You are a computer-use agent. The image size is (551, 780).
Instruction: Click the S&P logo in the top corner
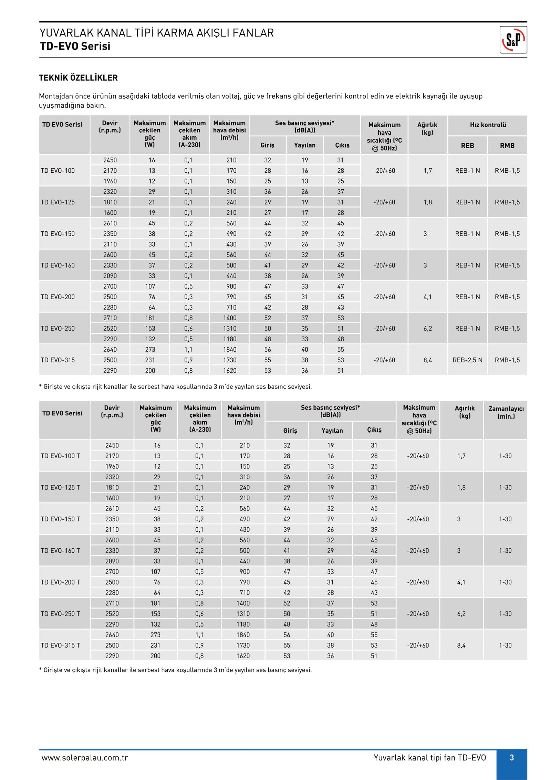(x=513, y=40)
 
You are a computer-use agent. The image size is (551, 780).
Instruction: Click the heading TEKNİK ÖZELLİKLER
(x=78, y=78)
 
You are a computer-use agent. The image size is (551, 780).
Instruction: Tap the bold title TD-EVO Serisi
(x=75, y=46)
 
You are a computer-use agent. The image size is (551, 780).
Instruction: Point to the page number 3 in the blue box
(x=511, y=758)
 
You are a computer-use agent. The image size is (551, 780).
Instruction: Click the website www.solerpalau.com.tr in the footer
(x=85, y=758)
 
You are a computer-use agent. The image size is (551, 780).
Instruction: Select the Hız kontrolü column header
(x=488, y=125)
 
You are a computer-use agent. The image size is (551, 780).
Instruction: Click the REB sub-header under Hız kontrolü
(x=467, y=146)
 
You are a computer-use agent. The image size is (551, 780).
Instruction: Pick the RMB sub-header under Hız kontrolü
(x=507, y=146)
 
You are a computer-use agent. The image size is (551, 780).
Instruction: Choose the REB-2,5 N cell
(x=467, y=360)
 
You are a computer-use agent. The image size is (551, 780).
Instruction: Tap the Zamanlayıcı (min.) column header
(x=506, y=413)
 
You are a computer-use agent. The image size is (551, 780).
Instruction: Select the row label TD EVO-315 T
(x=60, y=645)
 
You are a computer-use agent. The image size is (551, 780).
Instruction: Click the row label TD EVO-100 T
(x=60, y=456)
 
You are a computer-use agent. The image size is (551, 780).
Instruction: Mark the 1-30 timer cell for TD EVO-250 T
(x=505, y=614)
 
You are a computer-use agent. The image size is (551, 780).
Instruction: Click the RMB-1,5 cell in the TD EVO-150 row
(x=507, y=234)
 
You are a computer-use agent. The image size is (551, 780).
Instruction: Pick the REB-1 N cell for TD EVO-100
(x=467, y=171)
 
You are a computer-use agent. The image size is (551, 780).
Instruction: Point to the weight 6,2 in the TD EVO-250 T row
(x=461, y=614)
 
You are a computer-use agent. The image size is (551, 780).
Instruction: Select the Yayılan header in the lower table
(x=332, y=431)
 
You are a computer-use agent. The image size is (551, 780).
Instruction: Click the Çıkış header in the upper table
(x=342, y=145)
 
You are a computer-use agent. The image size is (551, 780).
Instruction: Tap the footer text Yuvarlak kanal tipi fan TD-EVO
(x=429, y=758)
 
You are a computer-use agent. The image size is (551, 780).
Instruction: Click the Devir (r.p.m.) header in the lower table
(x=112, y=412)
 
